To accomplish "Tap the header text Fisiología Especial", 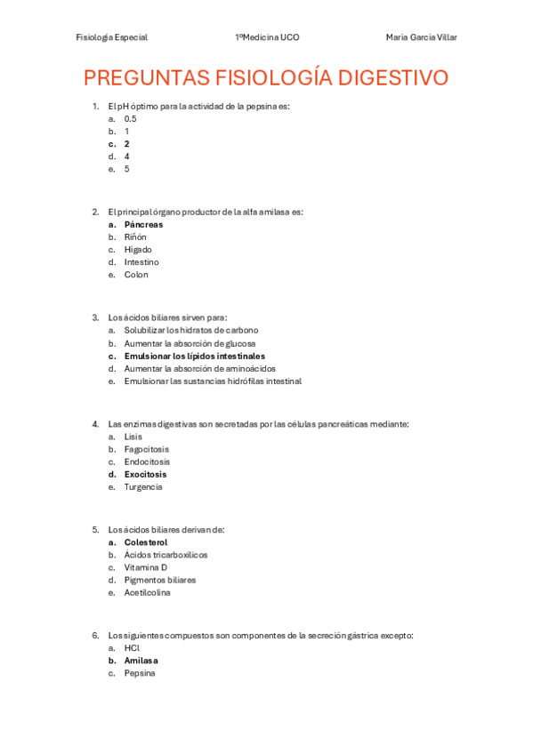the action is pos(112,37).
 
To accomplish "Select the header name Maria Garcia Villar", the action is pos(422,37).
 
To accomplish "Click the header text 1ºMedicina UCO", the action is pos(267,37).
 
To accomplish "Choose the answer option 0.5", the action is pos(131,118).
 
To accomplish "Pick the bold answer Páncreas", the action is pos(143,225).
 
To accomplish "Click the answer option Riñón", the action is pos(135,237).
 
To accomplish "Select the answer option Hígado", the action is pos(138,250).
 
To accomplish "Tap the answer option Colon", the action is pos(136,275).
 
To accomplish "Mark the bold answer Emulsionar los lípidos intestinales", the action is pos(194,356).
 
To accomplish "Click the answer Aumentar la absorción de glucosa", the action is pos(190,343).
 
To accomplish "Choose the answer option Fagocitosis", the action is pos(146,449).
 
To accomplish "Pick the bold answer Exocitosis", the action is pos(145,474).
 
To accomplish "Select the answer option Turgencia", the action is pos(143,486).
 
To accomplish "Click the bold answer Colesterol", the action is pos(146,542).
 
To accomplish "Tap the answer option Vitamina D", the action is pos(146,567).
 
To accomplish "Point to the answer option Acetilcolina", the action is pos(148,592).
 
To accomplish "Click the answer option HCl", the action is pos(132,648).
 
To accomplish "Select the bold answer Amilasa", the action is pos(141,661).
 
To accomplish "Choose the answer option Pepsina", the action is pos(140,673).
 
